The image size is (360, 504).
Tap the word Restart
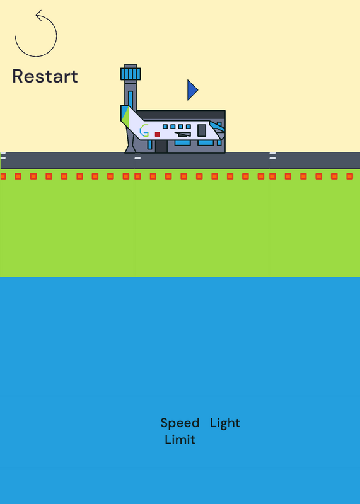[x=45, y=76]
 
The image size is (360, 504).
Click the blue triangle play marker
[x=192, y=90]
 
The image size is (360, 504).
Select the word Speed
[x=180, y=423]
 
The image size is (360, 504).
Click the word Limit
[x=180, y=439]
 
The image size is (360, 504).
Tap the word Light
[x=225, y=423]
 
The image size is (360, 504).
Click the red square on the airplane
[x=158, y=134]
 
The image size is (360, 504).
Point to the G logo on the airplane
[x=144, y=130]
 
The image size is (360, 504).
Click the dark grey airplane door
[x=202, y=130]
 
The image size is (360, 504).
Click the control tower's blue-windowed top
[x=131, y=74]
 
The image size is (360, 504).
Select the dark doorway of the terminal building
[x=161, y=147]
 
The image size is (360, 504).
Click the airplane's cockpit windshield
[x=217, y=127]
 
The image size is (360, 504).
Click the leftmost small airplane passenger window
[x=165, y=127]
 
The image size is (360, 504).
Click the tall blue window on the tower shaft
[x=131, y=100]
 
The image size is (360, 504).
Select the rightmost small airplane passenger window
[x=189, y=127]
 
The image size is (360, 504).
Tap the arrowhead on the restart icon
[x=39, y=15]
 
